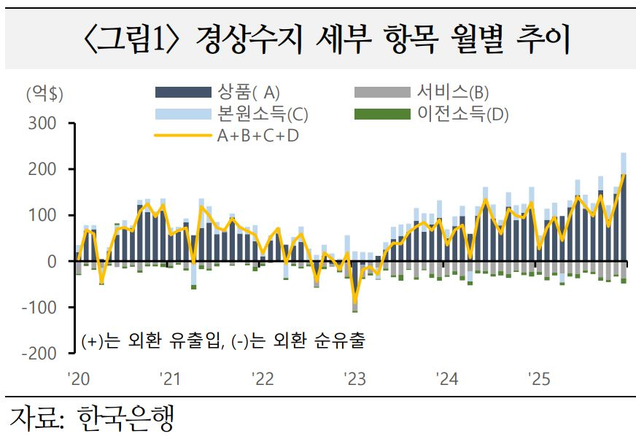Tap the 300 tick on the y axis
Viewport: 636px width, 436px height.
42,123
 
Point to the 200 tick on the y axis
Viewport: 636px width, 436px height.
42,169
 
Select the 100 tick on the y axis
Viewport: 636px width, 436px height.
42,215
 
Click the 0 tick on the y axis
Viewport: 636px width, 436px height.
51,261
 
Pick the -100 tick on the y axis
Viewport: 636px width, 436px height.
38,307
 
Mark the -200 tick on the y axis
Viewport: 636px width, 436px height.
38,353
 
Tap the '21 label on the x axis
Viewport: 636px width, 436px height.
169,379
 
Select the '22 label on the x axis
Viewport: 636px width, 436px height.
262,379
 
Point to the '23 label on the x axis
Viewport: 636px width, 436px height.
354,379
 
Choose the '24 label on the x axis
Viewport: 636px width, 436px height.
446,379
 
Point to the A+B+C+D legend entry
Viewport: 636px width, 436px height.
257,136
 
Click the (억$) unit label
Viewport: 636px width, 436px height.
44,94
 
